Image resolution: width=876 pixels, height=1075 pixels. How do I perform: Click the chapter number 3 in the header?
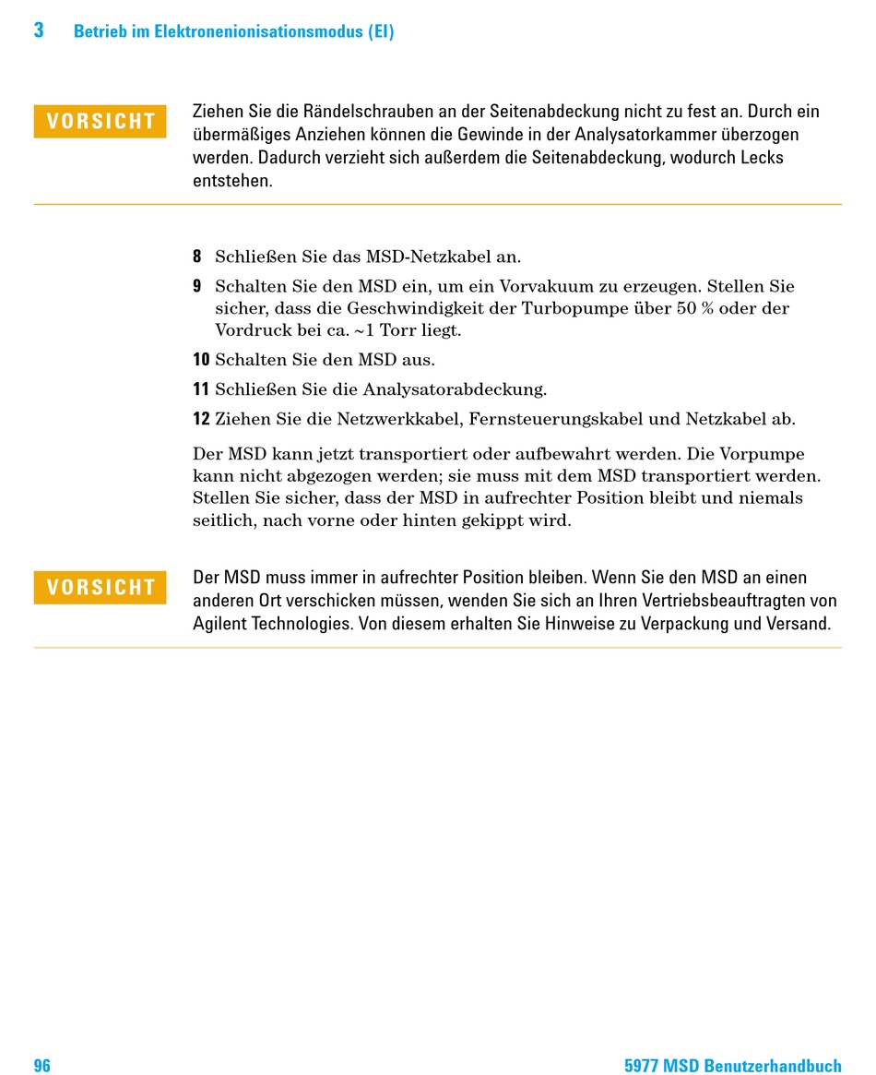pyautogui.click(x=39, y=30)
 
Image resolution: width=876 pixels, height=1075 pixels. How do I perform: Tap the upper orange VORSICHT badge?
pyautogui.click(x=101, y=121)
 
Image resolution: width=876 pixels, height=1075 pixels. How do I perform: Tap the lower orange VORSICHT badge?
pyautogui.click(x=101, y=587)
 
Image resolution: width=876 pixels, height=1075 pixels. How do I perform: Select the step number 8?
pyautogui.click(x=196, y=257)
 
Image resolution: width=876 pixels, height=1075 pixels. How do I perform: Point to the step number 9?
pyautogui.click(x=196, y=286)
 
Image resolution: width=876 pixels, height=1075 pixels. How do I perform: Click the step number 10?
pyautogui.click(x=201, y=360)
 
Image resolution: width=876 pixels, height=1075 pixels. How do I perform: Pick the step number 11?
pyautogui.click(x=201, y=389)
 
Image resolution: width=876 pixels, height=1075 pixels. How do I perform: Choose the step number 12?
pyautogui.click(x=201, y=419)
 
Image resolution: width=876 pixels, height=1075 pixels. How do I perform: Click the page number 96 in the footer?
pyautogui.click(x=42, y=1066)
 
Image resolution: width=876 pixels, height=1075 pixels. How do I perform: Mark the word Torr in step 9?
pyautogui.click(x=399, y=330)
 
